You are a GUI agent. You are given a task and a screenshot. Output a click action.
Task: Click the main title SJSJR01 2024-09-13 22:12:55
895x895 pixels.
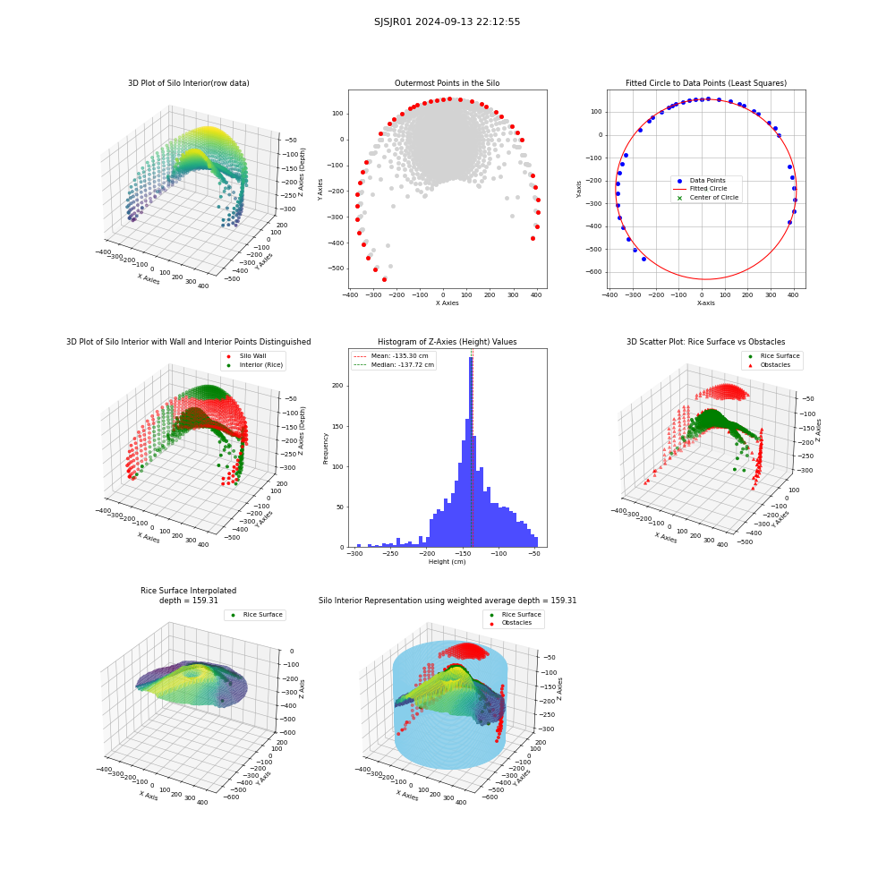coord(447,21)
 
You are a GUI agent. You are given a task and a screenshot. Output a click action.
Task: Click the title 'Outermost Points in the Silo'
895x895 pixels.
coord(447,83)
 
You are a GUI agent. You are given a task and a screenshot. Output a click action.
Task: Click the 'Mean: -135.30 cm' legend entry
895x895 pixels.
coord(392,356)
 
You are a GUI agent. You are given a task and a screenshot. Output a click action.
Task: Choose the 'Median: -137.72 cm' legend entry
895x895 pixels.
coord(394,365)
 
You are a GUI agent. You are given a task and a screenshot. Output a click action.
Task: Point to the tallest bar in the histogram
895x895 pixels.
coord(471,452)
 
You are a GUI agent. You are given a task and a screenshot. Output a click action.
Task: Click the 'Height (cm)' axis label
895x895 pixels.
coord(447,562)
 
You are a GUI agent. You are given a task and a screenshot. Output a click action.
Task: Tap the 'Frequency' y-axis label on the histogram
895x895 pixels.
coord(326,448)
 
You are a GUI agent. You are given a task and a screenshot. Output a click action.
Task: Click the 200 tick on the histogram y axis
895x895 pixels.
coord(338,386)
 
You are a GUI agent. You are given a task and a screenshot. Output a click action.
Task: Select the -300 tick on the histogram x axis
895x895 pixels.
coord(354,554)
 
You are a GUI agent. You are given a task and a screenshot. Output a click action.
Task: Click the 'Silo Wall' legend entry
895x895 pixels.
coord(253,356)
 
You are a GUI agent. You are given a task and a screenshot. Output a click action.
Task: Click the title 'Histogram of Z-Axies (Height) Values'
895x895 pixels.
coord(447,342)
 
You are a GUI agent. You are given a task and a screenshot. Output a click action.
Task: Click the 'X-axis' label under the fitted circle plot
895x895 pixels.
coord(705,303)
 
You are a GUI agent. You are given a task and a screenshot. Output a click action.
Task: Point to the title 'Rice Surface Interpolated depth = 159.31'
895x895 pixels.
coord(188,595)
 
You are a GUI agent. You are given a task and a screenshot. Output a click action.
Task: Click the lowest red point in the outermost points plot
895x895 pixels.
coord(384,279)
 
